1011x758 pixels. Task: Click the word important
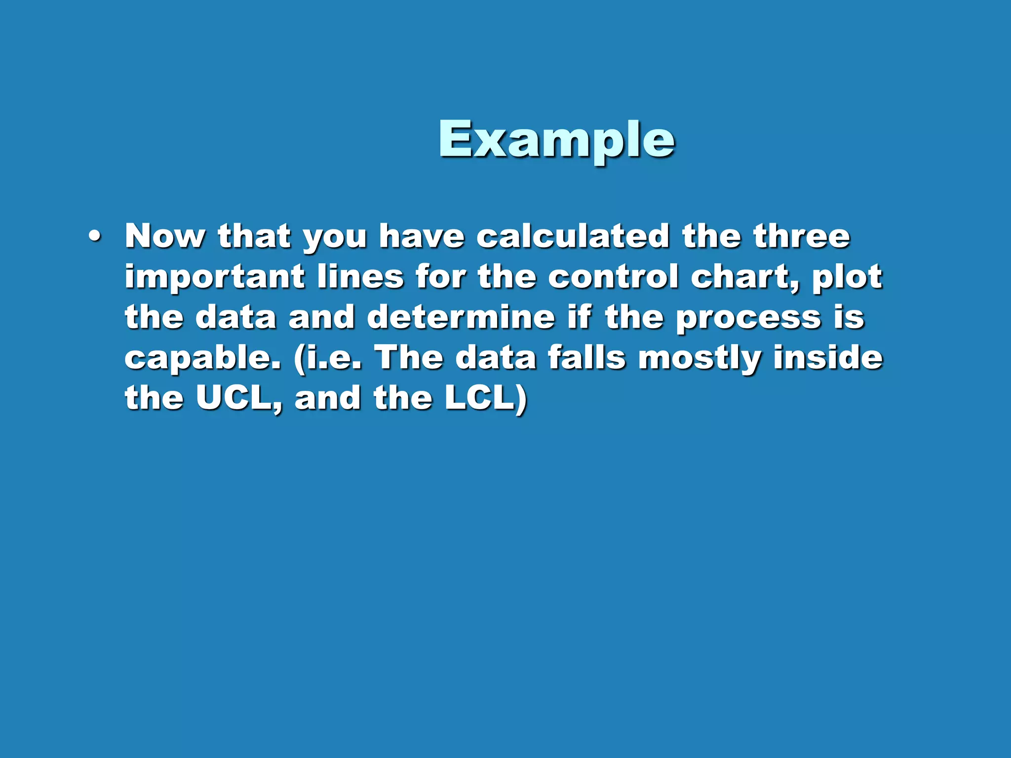point(214,277)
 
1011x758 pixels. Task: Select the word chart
point(743,277)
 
